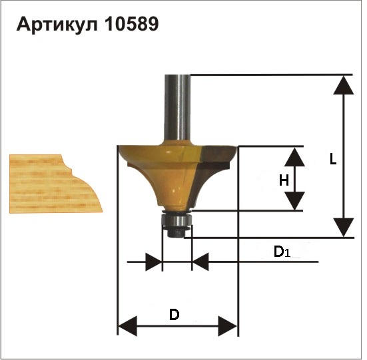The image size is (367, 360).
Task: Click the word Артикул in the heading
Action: [57, 25]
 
